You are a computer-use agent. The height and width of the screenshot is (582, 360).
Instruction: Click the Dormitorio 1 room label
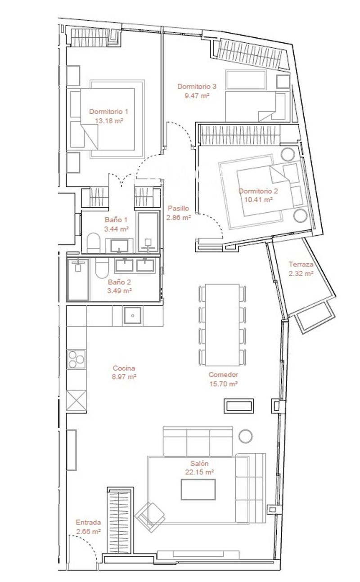(x=108, y=112)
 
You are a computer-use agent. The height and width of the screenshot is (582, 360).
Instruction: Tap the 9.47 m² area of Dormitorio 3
(x=197, y=95)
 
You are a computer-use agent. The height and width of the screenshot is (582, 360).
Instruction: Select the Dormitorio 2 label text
(x=258, y=191)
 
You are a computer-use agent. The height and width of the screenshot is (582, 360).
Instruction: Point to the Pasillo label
(x=178, y=209)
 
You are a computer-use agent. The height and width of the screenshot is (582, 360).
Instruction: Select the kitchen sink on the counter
(x=133, y=316)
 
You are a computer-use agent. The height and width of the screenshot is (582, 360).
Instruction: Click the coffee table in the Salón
(x=198, y=489)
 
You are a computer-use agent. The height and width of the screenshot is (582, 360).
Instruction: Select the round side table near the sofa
(x=246, y=436)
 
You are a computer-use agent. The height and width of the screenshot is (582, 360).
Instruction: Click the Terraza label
(x=301, y=265)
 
